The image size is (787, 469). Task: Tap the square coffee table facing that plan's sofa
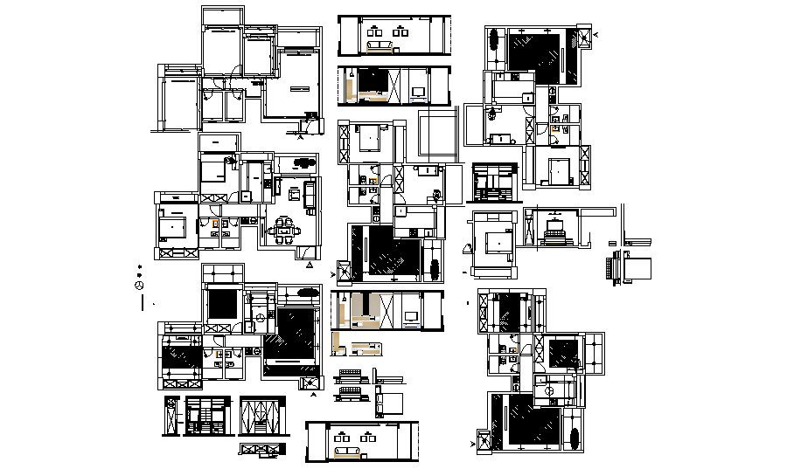coord(294,191)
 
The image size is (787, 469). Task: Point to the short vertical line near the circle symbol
coord(142,303)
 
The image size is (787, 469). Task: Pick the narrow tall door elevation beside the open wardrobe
coord(170,417)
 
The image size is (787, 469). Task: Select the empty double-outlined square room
coord(437,134)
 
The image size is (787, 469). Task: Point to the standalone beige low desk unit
coord(366,351)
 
